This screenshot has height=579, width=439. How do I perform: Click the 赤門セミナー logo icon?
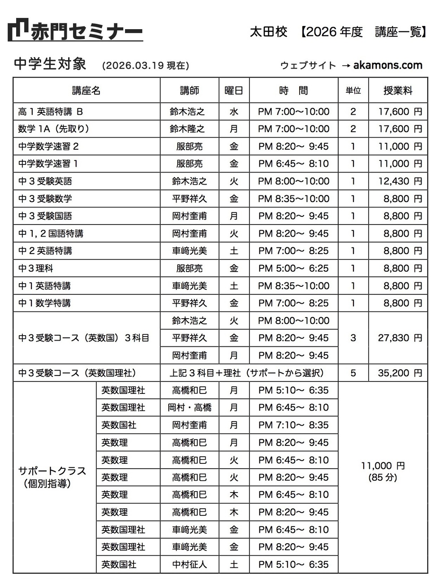coord(18,30)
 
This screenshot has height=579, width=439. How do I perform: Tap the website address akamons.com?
coord(387,65)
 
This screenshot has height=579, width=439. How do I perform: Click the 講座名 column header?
coord(86,91)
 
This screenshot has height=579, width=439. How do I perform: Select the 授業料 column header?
coord(398,91)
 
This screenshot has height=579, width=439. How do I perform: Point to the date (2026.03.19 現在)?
coord(146,65)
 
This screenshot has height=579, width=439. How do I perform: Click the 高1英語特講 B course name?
coord(51,112)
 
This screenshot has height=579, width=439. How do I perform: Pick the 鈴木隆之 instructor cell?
coord(189,129)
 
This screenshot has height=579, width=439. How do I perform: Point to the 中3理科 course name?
coord(36,268)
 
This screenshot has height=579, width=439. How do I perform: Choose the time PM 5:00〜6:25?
coord(293,268)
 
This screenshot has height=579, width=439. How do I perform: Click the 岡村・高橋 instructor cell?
coord(189,408)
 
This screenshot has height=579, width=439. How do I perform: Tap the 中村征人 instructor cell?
coord(189,565)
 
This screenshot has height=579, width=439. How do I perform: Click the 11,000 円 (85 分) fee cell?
coord(383,471)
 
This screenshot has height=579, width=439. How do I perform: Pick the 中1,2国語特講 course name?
coord(51,233)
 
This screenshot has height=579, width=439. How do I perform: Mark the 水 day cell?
coord(234,112)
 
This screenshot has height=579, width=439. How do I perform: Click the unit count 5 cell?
coord(353,373)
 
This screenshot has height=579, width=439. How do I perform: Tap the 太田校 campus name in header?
coord(268,32)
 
